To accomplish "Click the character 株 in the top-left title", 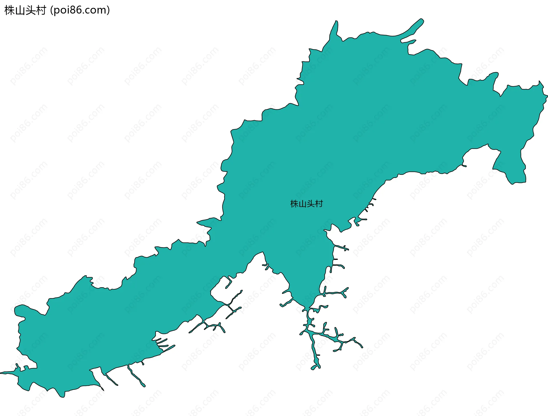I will click(10, 11).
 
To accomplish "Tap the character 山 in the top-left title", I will click(20, 11).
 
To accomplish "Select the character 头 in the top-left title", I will click(30, 11).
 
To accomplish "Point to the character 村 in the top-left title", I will click(41, 11).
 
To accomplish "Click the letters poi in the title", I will click(61, 11).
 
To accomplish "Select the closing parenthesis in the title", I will click(108, 11).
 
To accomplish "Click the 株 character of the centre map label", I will click(294, 204).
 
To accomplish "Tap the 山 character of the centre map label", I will click(302, 204).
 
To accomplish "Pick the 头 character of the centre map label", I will click(311, 204).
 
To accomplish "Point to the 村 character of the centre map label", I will click(319, 204).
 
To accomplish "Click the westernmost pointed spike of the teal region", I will click(1, 373).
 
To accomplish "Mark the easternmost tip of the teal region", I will click(547, 96).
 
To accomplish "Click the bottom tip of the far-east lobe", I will click(514, 183).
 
